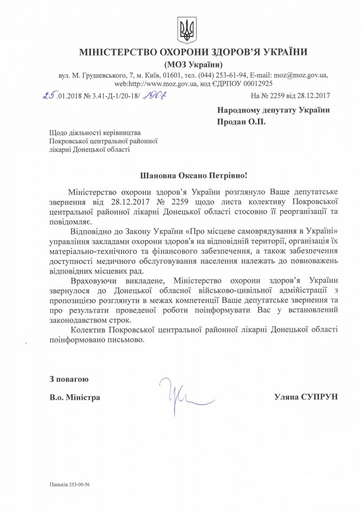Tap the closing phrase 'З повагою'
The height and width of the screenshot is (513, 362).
tap(64, 378)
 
